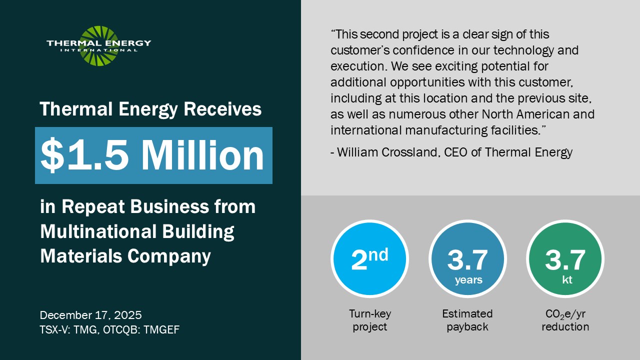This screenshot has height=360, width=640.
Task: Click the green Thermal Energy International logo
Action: click(99, 46)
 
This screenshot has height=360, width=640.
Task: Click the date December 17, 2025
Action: click(91, 315)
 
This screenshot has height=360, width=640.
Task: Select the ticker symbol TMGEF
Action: click(161, 329)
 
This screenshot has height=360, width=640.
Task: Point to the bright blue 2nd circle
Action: click(369, 258)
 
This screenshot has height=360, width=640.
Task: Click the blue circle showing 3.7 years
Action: click(467, 258)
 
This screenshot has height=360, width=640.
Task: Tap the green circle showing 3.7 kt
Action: click(565, 258)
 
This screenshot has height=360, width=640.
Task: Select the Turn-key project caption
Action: click(369, 320)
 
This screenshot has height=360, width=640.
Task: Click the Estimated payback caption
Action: click(467, 320)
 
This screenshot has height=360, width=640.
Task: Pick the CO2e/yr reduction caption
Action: click(565, 320)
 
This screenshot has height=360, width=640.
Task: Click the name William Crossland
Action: click(387, 152)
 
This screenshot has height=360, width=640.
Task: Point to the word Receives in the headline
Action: click(222, 109)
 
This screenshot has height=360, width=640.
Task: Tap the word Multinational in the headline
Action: click(98, 231)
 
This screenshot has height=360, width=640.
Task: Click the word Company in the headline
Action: click(169, 256)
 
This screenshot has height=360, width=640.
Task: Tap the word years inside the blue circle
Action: click(468, 280)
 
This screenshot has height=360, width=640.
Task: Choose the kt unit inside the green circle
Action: click(567, 279)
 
